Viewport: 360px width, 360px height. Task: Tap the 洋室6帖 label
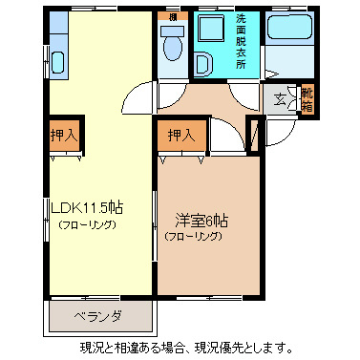tap(195, 217)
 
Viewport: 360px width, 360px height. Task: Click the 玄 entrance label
tap(281, 96)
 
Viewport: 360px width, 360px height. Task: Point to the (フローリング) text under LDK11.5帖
tap(87, 225)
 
